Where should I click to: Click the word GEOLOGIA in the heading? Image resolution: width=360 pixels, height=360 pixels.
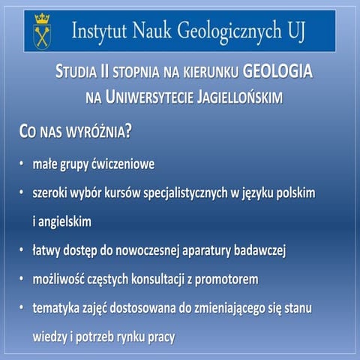[x=276, y=72]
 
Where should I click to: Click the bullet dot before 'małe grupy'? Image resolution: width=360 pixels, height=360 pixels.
[x=22, y=163]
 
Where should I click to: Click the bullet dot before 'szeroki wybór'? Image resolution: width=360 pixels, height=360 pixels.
[x=22, y=193]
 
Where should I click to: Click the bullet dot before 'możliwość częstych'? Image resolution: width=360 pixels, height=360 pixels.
[x=22, y=280]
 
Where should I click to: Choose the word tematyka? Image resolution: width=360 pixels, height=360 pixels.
[x=55, y=308]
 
